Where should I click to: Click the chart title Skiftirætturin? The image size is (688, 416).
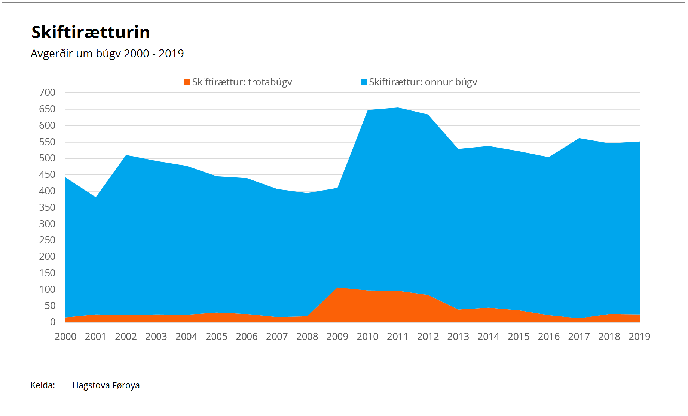click(91, 32)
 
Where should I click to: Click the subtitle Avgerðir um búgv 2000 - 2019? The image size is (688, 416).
click(107, 54)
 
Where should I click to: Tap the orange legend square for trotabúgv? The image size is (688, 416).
click(187, 82)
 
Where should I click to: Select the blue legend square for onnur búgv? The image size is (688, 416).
click(363, 82)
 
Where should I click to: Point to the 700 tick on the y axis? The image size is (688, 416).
click(47, 92)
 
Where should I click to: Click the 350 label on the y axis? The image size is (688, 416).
click(47, 207)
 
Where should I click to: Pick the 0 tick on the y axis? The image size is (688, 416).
click(53, 322)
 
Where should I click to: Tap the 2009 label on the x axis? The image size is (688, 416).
click(337, 337)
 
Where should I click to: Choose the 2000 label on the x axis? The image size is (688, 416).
click(65, 337)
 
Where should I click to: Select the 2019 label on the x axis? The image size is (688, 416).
click(639, 337)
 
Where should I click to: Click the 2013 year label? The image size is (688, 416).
click(458, 337)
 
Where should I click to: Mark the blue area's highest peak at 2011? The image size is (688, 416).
click(398, 108)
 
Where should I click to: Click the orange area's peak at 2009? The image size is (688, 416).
click(338, 288)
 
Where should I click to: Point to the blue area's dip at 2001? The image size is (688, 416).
click(96, 197)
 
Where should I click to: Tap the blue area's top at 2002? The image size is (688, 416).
click(126, 155)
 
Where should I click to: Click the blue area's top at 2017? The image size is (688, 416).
click(579, 138)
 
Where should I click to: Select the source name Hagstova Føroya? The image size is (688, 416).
click(106, 385)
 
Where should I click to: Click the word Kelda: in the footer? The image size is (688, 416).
click(43, 385)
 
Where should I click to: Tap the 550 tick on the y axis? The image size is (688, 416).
click(47, 142)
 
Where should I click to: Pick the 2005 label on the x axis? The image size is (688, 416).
click(216, 337)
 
